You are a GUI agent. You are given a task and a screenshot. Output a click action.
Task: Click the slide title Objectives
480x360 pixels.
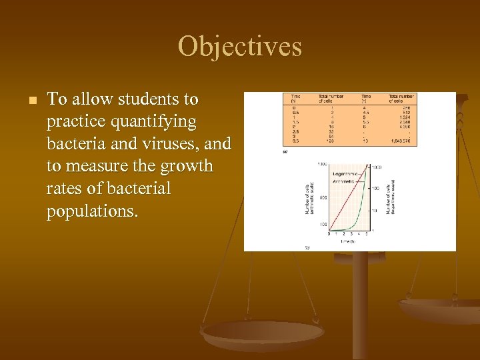pyautogui.click(x=240, y=47)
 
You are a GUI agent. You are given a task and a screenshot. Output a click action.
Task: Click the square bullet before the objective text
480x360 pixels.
pyautogui.click(x=31, y=101)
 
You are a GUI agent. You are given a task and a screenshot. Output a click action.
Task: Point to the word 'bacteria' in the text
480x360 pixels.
pyautogui.click(x=73, y=144)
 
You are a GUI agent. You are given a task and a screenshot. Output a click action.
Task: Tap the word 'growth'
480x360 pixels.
pyautogui.click(x=190, y=166)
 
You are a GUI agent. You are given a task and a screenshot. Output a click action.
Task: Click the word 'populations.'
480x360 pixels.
pyautogui.click(x=90, y=211)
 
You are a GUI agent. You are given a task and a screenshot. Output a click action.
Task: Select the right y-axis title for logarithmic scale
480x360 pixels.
pyautogui.click(x=391, y=197)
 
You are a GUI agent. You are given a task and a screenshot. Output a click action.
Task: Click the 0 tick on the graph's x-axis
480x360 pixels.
pyautogui.click(x=329, y=233)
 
